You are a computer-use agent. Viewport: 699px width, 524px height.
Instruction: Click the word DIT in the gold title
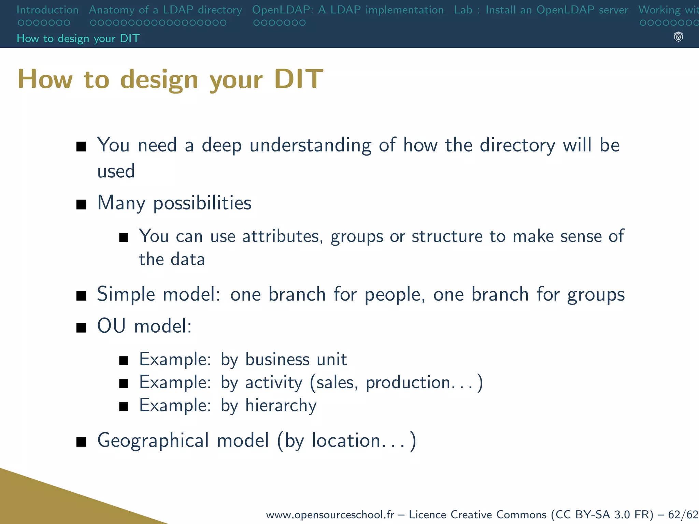298,79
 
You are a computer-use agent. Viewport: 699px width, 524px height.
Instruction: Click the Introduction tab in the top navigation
47,10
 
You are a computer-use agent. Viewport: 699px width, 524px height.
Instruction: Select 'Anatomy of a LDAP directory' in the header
165,10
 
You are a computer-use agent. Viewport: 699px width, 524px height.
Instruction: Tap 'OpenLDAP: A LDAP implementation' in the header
347,10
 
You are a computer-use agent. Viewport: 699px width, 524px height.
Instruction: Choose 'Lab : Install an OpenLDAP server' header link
541,10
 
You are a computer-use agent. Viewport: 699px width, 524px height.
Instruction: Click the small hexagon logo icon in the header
678,37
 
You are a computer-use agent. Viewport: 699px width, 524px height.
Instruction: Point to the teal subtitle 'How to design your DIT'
78,39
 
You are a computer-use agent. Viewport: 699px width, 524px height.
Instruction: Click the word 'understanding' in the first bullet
310,145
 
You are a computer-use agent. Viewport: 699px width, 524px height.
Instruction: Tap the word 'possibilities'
202,203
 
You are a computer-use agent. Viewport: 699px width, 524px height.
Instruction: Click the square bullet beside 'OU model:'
81,327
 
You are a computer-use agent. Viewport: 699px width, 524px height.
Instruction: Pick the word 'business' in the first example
277,360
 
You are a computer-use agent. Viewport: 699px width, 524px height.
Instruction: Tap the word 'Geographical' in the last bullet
153,440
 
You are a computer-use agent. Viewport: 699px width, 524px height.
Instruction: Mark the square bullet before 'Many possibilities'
81,205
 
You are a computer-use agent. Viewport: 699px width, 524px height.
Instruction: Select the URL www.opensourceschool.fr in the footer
330,514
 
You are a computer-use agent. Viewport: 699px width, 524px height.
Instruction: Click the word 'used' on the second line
116,171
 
